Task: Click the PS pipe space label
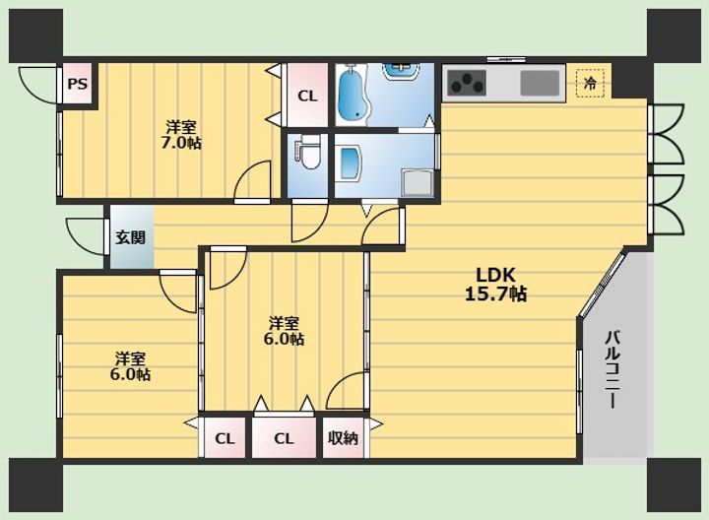(78, 84)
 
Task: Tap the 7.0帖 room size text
(181, 143)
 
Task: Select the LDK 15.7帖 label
(495, 285)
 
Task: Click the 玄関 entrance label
(130, 237)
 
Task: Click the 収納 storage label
(343, 438)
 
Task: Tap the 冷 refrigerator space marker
(590, 83)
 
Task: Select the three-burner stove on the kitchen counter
(467, 83)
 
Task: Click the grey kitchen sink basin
(540, 84)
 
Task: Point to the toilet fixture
(309, 153)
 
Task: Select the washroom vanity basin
(350, 163)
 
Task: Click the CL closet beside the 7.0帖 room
(307, 96)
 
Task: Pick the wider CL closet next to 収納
(284, 438)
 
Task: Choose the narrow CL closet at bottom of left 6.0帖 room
(225, 438)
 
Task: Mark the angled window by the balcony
(603, 285)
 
